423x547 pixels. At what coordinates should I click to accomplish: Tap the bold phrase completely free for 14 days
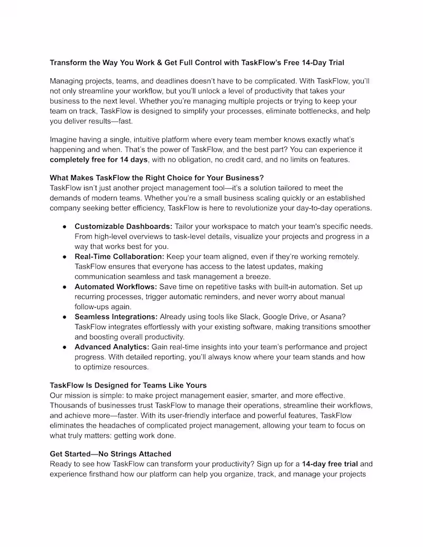(99, 160)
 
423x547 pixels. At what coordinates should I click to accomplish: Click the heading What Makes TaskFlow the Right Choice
(157, 178)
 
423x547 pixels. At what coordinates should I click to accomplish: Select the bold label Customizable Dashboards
(123, 226)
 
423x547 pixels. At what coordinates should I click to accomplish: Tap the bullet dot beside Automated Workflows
(64, 287)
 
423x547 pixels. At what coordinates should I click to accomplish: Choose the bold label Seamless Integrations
(116, 317)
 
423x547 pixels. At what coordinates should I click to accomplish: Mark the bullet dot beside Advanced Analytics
(64, 347)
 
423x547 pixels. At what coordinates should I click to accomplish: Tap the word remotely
(341, 256)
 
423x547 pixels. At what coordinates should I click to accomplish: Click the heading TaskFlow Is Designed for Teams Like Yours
(128, 385)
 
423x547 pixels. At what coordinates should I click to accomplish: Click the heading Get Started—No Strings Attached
(111, 454)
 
